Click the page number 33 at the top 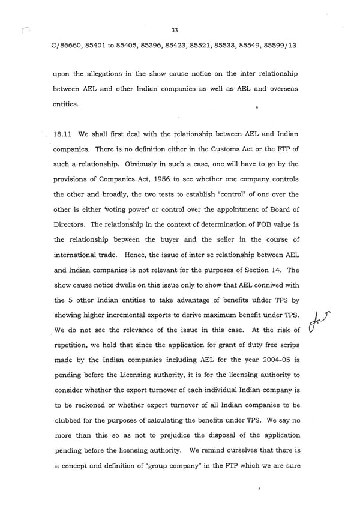click(x=175, y=30)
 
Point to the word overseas click(x=283, y=88)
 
